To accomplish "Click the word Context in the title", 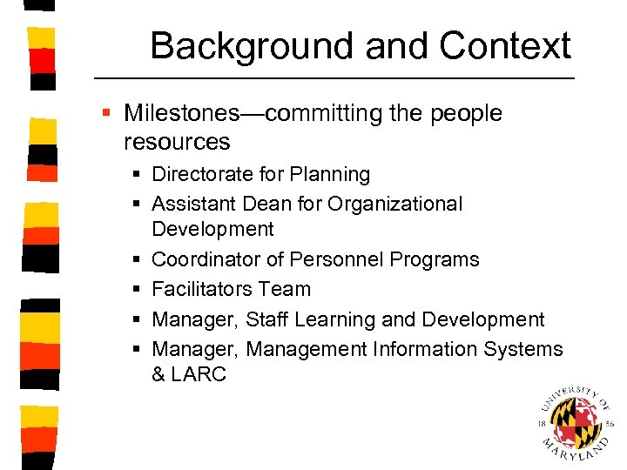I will (505, 46).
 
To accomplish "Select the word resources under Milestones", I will (177, 141).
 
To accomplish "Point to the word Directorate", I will (200, 174).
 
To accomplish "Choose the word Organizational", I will (395, 204).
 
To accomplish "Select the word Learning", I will (334, 319).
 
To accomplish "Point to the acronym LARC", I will (200, 374).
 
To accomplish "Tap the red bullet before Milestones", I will (106, 114).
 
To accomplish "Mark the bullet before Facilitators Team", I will (138, 290).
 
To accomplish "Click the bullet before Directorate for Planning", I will (138, 175).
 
